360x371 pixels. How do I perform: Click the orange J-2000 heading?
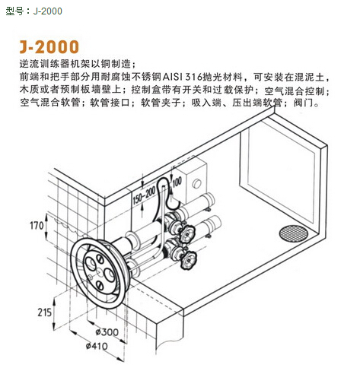tap(49, 47)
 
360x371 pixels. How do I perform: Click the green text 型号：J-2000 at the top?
tap(33, 11)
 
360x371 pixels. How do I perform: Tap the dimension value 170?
tap(37, 225)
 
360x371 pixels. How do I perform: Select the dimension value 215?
tap(45, 312)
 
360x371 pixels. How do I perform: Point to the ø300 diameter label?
tap(107, 332)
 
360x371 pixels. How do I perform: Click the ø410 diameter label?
tap(97, 346)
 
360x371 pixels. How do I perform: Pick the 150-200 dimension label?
tap(144, 196)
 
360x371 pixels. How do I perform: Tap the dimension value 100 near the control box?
tap(177, 182)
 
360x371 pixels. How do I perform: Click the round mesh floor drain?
tap(293, 233)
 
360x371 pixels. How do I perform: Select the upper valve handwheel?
tap(186, 233)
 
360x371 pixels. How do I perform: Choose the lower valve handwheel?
tap(189, 259)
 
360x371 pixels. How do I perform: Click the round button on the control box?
tap(196, 183)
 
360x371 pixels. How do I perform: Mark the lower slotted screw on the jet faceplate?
tap(100, 285)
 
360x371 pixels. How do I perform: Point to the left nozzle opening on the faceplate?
tap(90, 264)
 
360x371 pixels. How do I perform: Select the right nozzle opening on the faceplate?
tap(110, 275)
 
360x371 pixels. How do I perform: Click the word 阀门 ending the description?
tap(304, 103)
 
